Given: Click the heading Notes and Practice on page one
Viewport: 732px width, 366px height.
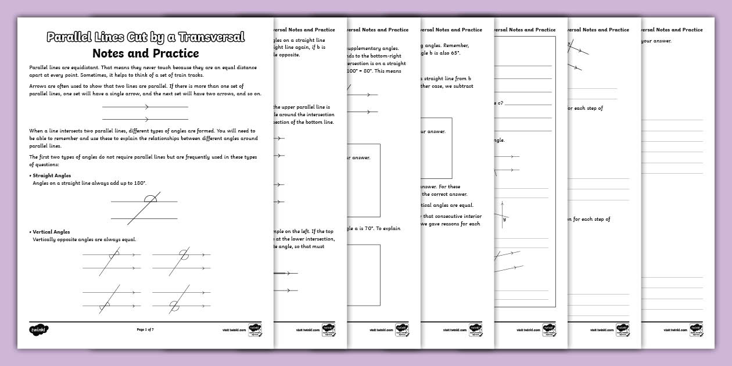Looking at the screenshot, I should point(145,53).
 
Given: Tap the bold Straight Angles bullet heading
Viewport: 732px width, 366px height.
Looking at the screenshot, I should point(52,175).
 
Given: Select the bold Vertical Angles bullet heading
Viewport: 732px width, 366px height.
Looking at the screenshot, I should point(51,231).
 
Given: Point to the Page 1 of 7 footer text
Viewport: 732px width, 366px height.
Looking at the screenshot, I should point(145,329).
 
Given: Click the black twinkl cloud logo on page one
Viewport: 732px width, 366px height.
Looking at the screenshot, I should point(38,329).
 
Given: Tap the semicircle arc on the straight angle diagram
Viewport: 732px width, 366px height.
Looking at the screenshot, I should point(150,199).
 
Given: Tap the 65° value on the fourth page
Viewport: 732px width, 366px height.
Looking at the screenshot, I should point(454,53).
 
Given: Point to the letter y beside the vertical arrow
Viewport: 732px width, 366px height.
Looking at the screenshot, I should point(504,219).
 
